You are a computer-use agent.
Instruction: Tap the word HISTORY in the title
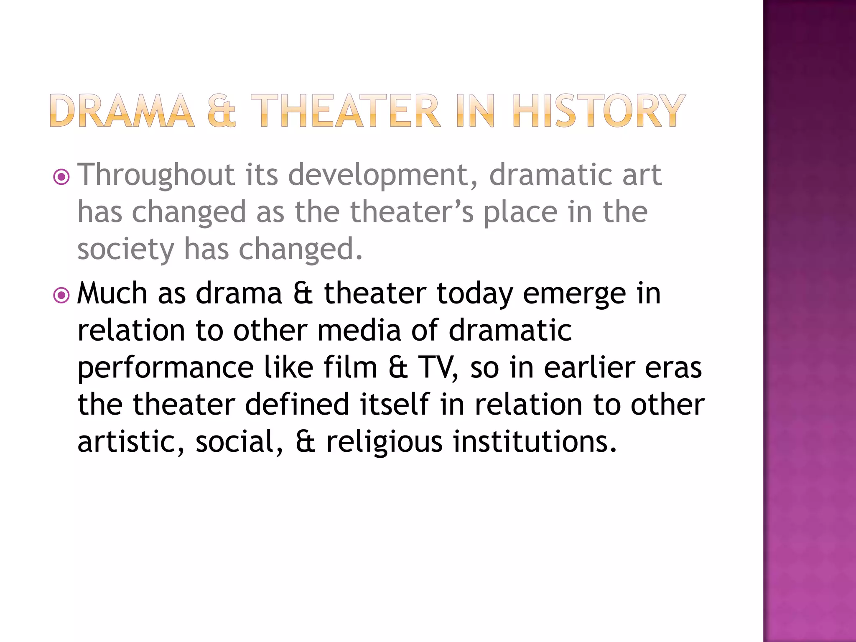pos(599,110)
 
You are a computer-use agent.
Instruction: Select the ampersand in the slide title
pos(222,110)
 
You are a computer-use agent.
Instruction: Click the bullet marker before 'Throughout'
pos(62,177)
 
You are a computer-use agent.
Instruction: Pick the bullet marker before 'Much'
pos(62,296)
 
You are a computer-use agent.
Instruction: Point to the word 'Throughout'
pos(156,175)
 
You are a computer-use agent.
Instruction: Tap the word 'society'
pos(125,250)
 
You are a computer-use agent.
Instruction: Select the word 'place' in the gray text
pos(520,212)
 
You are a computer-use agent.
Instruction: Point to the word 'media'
pos(359,330)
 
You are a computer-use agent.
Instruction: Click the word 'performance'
pos(166,368)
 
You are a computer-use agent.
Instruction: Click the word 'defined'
pos(297,404)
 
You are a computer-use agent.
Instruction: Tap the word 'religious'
pos(384,442)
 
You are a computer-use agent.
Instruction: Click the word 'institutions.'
pos(535,441)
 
